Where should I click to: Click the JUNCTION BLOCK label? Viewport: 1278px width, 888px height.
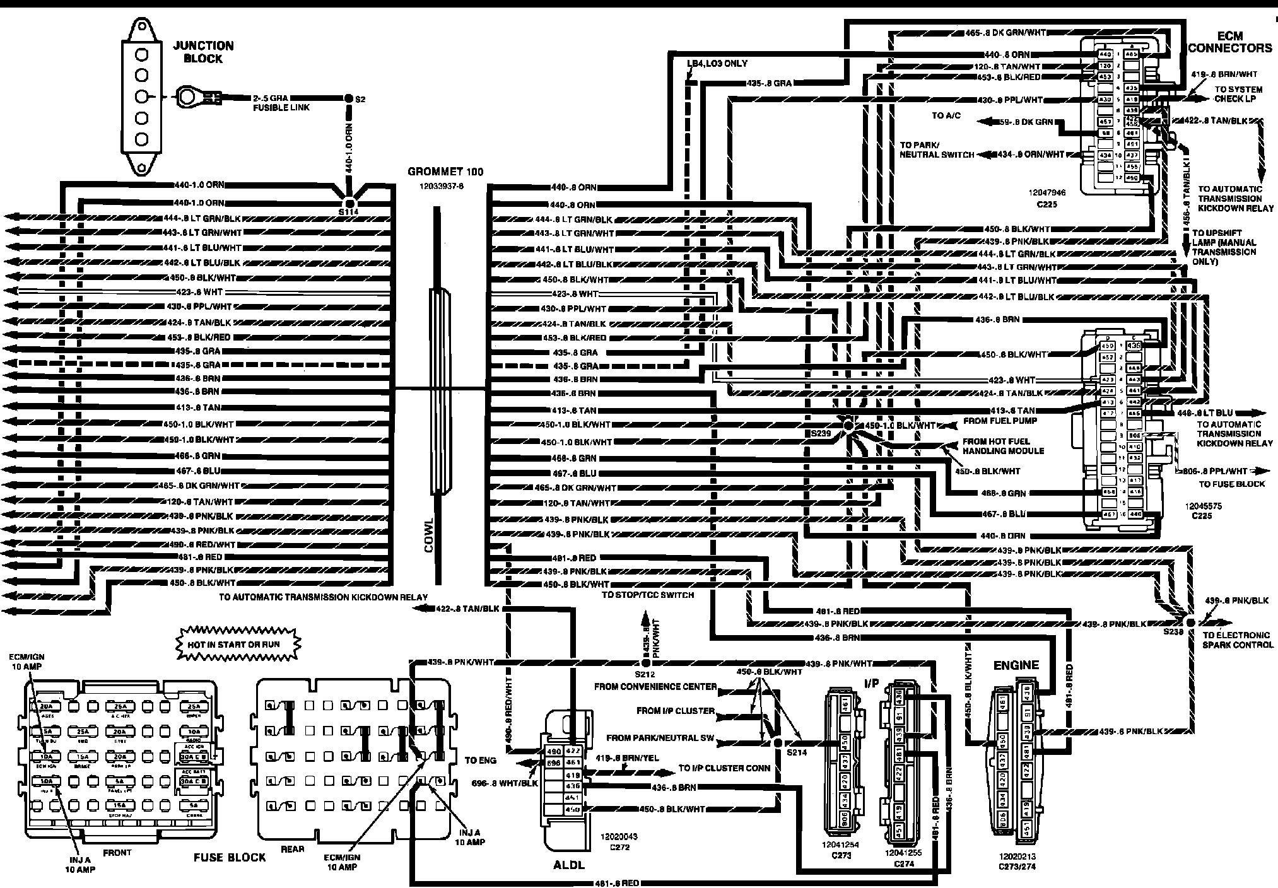tap(202, 52)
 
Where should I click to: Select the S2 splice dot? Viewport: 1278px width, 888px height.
tap(348, 98)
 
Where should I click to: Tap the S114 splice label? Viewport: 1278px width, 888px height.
tap(348, 213)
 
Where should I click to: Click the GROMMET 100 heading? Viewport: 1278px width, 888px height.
tap(445, 172)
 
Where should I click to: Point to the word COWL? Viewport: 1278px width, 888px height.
tap(430, 535)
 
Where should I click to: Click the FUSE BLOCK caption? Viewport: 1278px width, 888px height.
tap(230, 858)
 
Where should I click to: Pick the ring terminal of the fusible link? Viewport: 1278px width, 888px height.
tap(187, 97)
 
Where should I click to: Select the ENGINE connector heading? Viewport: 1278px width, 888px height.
tap(1016, 665)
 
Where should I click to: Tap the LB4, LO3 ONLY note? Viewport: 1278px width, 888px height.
tap(718, 64)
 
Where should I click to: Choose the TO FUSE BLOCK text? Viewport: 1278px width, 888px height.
tap(1232, 484)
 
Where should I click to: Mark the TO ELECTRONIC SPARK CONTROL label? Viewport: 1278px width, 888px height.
tap(1237, 640)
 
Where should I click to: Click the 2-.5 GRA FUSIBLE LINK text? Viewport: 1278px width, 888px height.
tap(281, 103)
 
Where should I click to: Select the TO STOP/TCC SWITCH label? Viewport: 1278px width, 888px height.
tap(647, 595)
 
